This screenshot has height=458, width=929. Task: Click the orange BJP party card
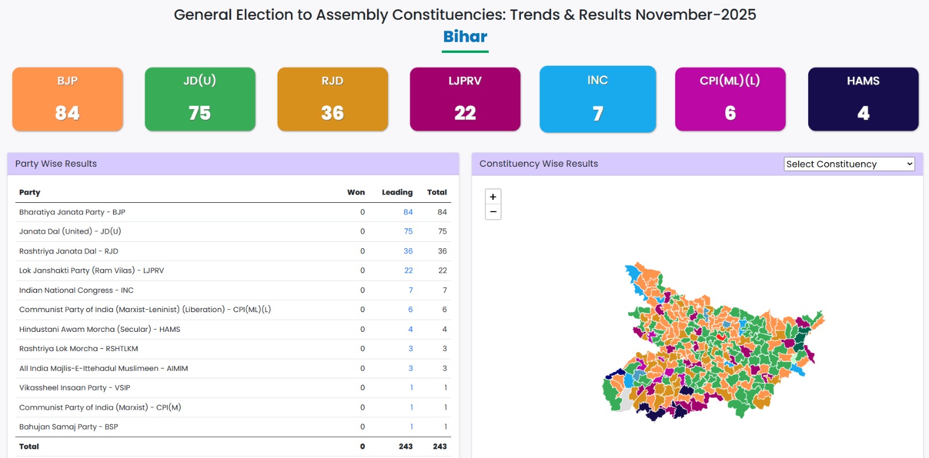click(67, 99)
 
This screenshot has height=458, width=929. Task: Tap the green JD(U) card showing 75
click(200, 99)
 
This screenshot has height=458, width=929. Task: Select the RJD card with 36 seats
click(333, 99)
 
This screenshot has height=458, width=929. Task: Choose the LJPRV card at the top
click(465, 99)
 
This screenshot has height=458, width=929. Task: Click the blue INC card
click(597, 99)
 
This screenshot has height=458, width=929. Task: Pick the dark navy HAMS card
click(863, 99)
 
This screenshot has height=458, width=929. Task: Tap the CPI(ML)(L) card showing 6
click(730, 99)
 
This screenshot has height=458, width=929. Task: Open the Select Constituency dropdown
click(849, 164)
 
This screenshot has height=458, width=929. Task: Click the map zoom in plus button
click(493, 196)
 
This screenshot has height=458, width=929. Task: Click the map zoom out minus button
click(493, 212)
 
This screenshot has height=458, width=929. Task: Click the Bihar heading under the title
click(465, 37)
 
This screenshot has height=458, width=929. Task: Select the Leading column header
click(397, 192)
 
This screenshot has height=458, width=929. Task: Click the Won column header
click(356, 192)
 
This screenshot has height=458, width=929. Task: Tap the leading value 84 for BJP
click(408, 212)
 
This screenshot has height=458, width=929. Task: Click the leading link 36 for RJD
click(408, 251)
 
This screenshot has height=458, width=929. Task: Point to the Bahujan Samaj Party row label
click(69, 427)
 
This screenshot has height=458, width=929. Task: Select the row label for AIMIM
click(103, 368)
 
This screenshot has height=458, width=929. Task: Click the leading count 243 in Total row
click(405, 446)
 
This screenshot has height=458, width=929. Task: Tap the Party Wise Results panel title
click(56, 164)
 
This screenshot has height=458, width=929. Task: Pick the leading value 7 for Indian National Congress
click(411, 290)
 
